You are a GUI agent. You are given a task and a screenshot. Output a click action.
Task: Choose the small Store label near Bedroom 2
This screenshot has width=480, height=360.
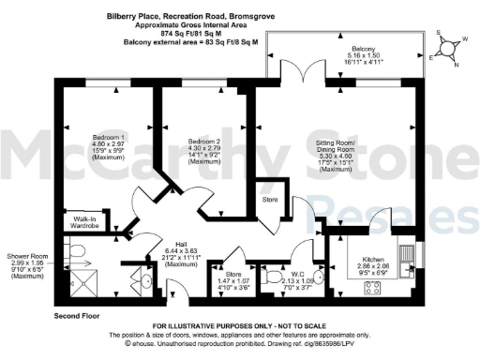270,199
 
